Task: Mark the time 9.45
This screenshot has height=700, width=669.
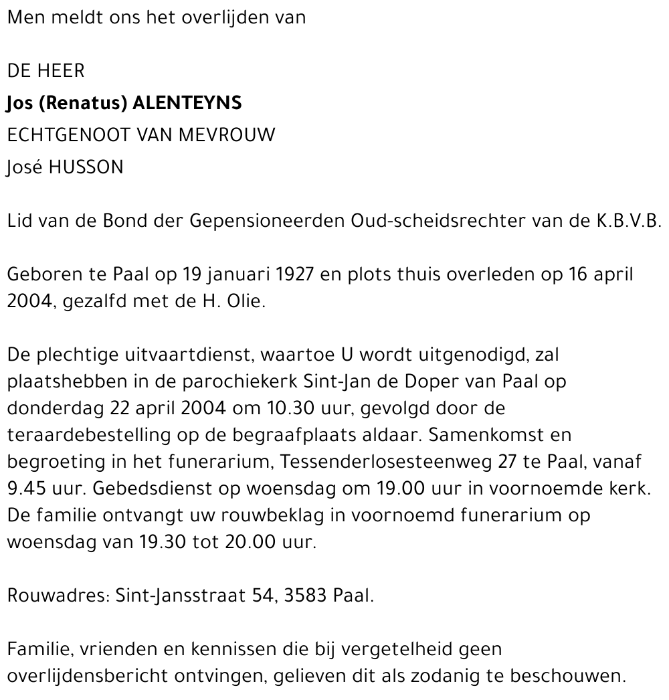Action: pyautogui.click(x=29, y=489)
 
